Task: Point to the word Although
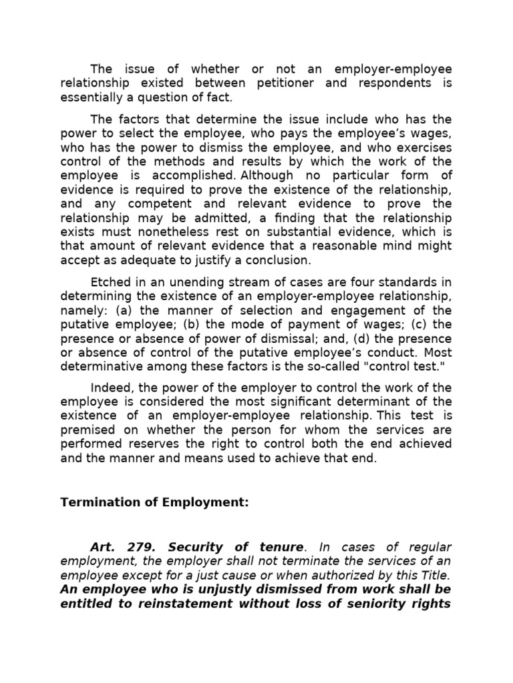(267, 175)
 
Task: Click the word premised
(88, 430)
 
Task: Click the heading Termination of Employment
(154, 502)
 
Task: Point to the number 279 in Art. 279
(137, 547)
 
